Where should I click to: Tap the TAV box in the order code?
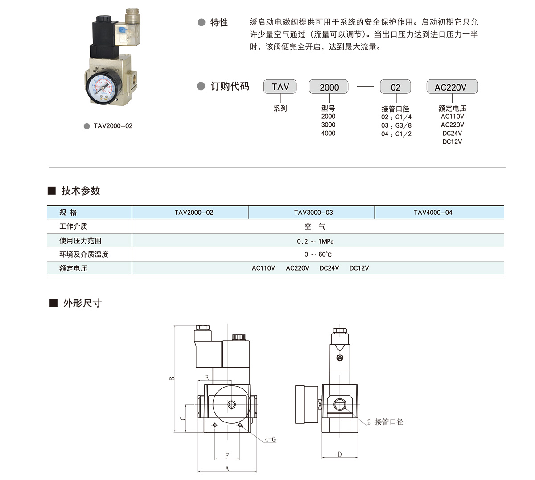tap(280, 87)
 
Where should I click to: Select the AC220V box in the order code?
tap(452, 87)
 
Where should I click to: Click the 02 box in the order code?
tap(395, 87)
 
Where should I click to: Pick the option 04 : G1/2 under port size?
tap(396, 134)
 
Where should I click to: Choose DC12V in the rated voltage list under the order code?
tap(452, 142)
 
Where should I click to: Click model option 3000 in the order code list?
tap(328, 125)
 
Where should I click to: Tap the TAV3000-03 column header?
tap(313, 213)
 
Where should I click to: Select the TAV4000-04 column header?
tap(433, 213)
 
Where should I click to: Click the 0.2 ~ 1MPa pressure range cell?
tap(315, 241)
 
